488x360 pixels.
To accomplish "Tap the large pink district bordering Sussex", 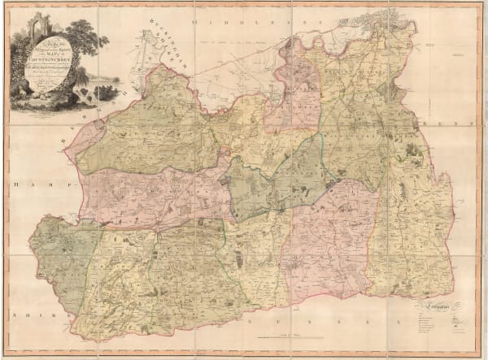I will (x=325, y=236).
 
